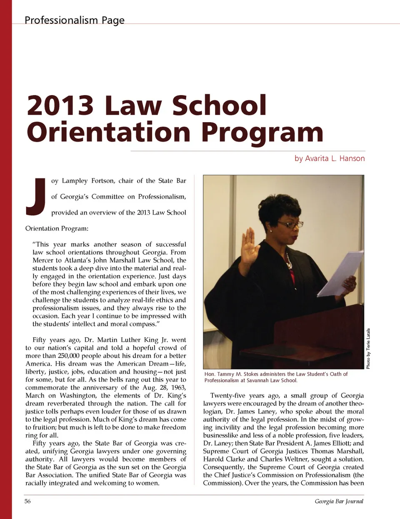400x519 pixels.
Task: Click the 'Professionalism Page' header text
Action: click(x=74, y=20)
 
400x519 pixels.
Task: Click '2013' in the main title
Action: click(x=60, y=105)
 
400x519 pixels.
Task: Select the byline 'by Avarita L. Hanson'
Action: click(x=329, y=158)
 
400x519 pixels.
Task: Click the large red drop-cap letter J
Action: click(x=35, y=197)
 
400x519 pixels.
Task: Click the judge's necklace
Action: click(x=287, y=261)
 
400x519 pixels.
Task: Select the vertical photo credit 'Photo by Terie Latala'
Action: click(x=368, y=349)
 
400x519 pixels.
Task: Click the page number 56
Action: click(x=27, y=501)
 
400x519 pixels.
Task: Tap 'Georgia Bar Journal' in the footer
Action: click(x=339, y=501)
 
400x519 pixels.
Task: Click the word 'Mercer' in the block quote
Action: click(x=42, y=260)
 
